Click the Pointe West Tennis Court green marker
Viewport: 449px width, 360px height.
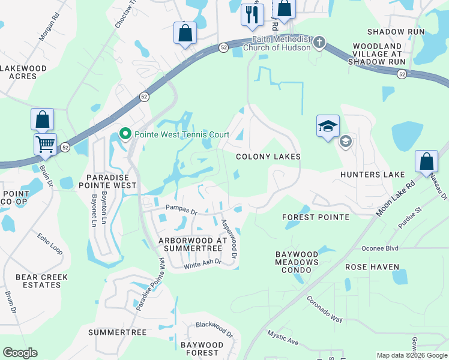(125, 133)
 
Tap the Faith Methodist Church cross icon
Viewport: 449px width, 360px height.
(319, 42)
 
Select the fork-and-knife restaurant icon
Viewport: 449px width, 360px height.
(252, 14)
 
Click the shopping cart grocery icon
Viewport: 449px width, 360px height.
(44, 144)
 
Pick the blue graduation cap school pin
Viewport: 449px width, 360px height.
(328, 126)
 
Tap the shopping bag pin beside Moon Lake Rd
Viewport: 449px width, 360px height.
(426, 161)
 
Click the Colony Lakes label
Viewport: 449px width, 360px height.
(268, 157)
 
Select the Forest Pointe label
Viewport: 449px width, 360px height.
(315, 217)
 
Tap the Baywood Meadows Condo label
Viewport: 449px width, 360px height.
(297, 262)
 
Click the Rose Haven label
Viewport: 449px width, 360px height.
(372, 266)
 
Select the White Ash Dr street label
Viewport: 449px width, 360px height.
(202, 263)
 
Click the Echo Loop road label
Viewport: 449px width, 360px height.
(50, 244)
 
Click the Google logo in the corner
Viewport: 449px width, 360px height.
(20, 353)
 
